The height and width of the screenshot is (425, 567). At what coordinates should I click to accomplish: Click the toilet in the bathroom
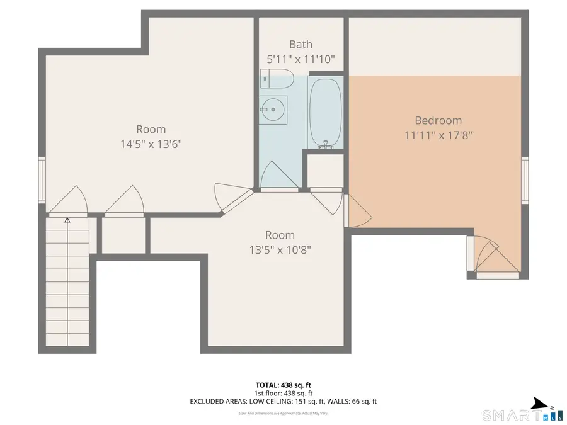click(x=277, y=80)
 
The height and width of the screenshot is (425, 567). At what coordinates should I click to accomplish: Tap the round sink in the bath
click(x=274, y=110)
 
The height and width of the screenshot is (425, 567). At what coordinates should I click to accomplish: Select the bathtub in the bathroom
click(x=325, y=113)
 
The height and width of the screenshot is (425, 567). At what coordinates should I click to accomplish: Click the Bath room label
click(x=301, y=45)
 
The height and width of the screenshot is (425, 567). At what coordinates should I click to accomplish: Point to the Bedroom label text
click(x=438, y=120)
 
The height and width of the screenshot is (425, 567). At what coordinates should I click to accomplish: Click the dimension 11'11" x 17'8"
click(x=438, y=134)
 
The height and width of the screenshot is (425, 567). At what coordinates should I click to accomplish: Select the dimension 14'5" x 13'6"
click(x=151, y=144)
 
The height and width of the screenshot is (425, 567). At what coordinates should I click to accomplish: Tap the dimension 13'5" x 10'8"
click(x=280, y=249)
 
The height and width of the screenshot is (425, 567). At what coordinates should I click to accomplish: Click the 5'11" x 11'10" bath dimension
click(x=301, y=59)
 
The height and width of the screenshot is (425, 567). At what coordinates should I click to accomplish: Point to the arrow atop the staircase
click(x=67, y=221)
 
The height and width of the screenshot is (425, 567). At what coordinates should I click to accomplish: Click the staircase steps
click(x=67, y=283)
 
